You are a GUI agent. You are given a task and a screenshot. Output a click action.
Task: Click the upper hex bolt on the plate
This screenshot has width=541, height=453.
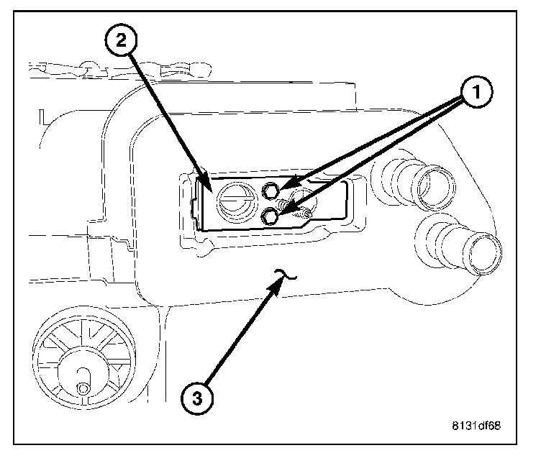[270, 191]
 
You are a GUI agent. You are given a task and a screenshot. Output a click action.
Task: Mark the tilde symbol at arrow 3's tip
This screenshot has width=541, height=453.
[284, 272]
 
